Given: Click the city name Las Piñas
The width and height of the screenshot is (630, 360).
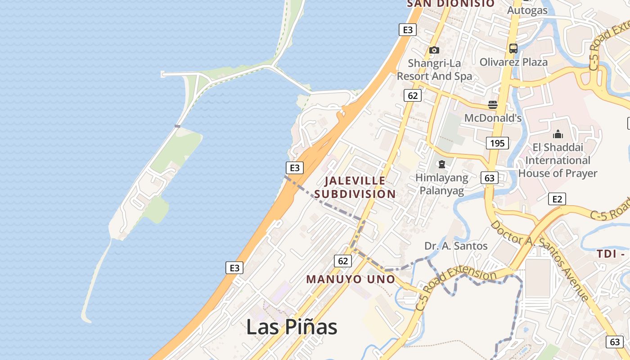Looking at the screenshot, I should pyautogui.click(x=292, y=327).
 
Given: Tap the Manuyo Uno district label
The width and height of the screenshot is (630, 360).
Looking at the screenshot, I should pyautogui.click(x=351, y=279).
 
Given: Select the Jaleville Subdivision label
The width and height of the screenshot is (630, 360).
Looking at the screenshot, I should pyautogui.click(x=355, y=187).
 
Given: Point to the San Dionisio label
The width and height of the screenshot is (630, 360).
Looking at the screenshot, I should pyautogui.click(x=450, y=4).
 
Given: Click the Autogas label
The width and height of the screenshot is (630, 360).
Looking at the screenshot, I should pyautogui.click(x=527, y=10).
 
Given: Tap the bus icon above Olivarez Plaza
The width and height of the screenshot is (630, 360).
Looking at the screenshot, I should pyautogui.click(x=513, y=49).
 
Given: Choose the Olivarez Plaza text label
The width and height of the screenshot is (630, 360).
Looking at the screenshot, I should pyautogui.click(x=513, y=62).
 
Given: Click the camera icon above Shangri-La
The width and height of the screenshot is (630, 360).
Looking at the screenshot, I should pyautogui.click(x=434, y=50).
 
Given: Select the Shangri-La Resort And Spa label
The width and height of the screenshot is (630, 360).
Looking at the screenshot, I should pyautogui.click(x=434, y=70).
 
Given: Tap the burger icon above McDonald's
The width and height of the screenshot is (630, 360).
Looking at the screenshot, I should pyautogui.click(x=493, y=105).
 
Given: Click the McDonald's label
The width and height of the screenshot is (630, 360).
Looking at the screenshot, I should pyautogui.click(x=493, y=118).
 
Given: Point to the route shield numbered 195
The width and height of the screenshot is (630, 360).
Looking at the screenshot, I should pyautogui.click(x=497, y=143).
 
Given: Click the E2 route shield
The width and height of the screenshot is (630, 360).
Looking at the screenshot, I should pyautogui.click(x=557, y=199).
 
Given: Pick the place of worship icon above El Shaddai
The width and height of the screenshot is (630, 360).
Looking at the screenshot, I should pyautogui.click(x=558, y=134).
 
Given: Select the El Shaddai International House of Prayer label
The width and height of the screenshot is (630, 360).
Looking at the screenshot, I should pyautogui.click(x=558, y=160).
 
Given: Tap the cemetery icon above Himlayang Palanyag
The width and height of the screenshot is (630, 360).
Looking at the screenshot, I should pyautogui.click(x=442, y=165).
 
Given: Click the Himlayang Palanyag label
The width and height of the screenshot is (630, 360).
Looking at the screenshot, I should pyautogui.click(x=442, y=184).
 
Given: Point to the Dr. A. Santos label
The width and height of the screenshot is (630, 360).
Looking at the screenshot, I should pyautogui.click(x=456, y=246).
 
